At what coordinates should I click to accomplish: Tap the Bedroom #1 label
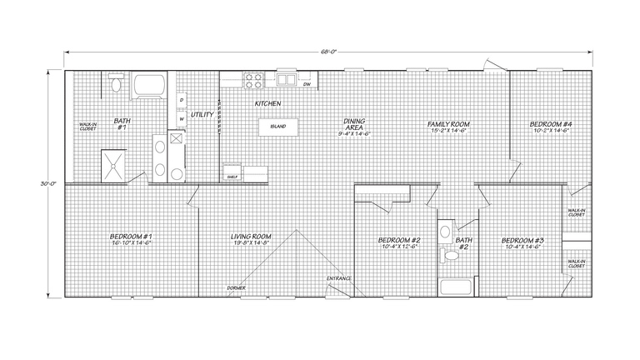pos(131,237)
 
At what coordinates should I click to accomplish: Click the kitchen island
pos(277,127)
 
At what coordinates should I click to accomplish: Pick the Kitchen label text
pos(267,104)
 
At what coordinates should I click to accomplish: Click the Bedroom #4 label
pos(550,124)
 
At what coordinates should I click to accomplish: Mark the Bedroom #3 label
pos(522,242)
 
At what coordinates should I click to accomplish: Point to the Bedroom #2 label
pos(398,242)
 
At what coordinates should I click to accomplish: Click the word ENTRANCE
pos(338,277)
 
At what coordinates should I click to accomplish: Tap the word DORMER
pos(237,287)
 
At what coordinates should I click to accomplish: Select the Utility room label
pos(202,114)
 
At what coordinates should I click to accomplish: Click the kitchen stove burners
pos(253,80)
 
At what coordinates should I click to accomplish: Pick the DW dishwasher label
pos(307,84)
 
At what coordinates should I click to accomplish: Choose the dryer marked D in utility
pos(180,100)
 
